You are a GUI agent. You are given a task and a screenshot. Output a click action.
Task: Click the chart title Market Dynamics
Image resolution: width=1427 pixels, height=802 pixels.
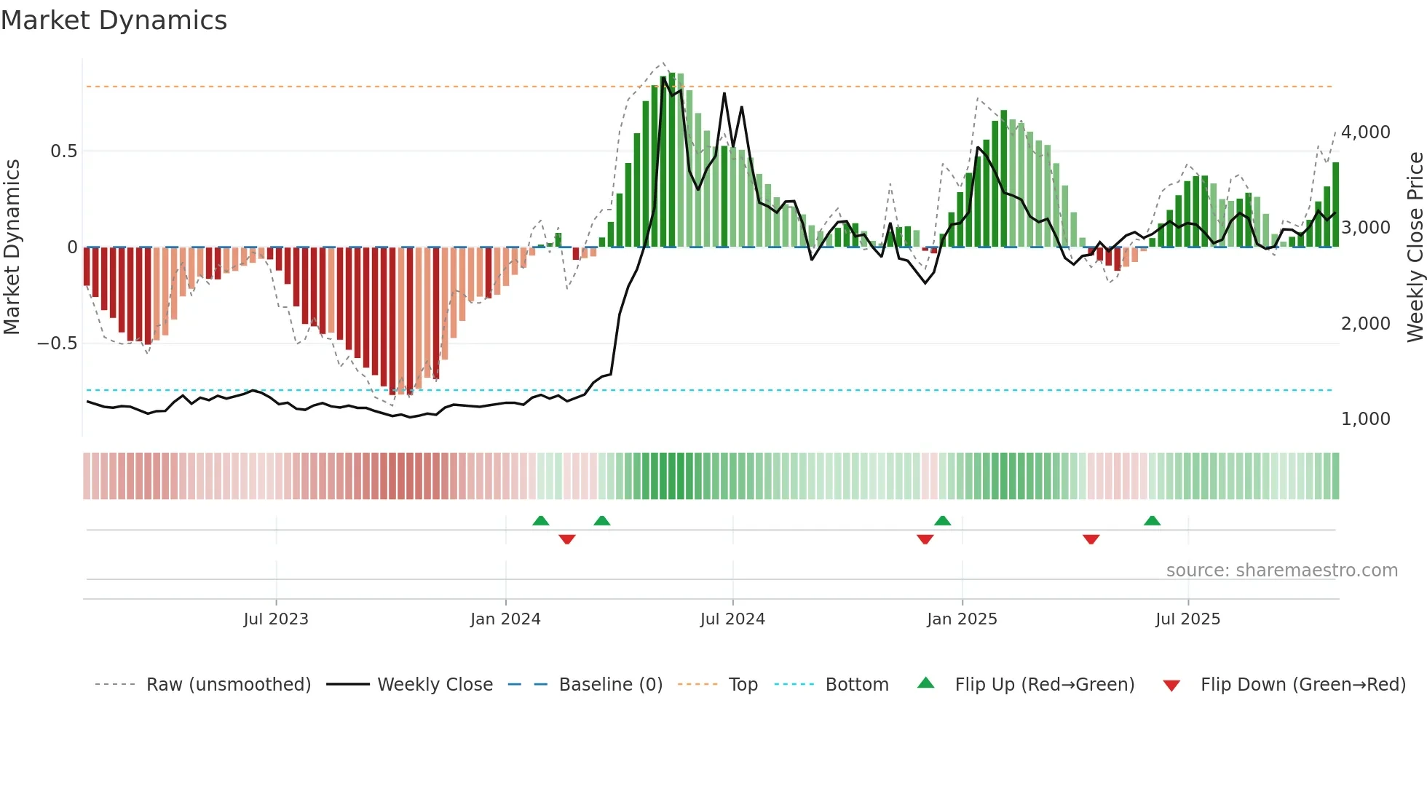coord(114,20)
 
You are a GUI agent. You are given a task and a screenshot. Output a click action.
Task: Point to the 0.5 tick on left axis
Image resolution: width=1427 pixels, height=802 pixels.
coord(63,151)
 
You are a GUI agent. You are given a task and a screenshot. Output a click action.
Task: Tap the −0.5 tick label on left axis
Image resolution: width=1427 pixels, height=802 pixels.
coord(58,344)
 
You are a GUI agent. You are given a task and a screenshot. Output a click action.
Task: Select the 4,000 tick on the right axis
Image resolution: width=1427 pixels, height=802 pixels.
coord(1365,132)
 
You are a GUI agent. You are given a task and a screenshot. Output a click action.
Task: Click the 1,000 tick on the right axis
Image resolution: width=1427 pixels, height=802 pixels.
coord(1365,419)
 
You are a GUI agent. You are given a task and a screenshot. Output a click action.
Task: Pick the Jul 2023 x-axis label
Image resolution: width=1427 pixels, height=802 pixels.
coord(276,619)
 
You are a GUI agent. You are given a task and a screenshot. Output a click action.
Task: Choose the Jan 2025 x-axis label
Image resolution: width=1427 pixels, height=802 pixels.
coord(962,619)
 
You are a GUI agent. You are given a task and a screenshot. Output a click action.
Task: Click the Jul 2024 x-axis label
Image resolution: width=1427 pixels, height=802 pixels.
coord(732,619)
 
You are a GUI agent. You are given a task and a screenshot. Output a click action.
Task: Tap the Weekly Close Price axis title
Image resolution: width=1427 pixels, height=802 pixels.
coord(1415,247)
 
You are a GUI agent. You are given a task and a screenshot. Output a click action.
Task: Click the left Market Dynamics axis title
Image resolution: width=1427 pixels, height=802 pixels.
coord(12,247)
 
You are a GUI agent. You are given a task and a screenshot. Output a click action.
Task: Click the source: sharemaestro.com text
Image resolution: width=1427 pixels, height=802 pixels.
coord(1281,571)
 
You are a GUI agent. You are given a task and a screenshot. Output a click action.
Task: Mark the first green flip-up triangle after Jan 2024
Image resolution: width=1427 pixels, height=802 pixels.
coord(540,521)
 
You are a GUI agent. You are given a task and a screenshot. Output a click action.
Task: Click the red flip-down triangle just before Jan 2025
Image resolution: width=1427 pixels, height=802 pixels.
coord(925,539)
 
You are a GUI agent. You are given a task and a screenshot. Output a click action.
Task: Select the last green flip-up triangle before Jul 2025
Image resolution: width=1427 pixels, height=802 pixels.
coord(1152,521)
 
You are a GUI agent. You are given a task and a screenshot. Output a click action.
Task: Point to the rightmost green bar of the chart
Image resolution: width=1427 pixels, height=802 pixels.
coord(1335,205)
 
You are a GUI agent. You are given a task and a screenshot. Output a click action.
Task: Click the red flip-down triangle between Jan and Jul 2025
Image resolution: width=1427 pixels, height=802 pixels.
coord(1091,539)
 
